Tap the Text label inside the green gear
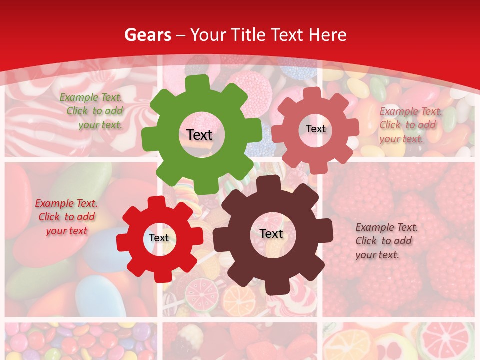(x=199, y=135)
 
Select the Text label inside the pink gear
(x=315, y=129)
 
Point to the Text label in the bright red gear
(x=159, y=238)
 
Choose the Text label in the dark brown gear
(x=271, y=233)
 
